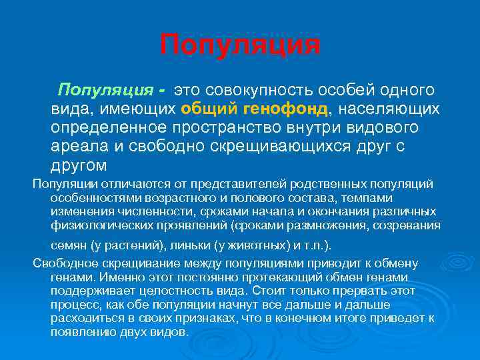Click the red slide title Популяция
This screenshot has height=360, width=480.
(x=240, y=45)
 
